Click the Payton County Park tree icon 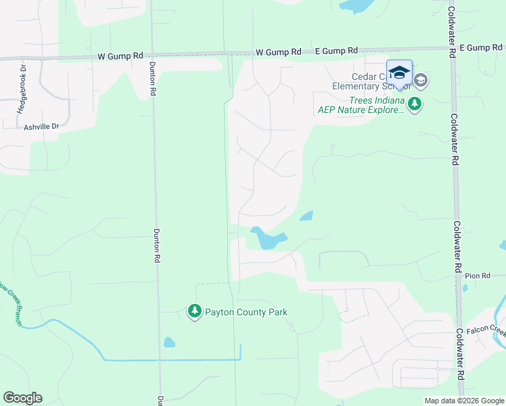(x=195, y=312)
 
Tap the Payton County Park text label (x=246, y=312)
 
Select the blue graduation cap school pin (x=399, y=74)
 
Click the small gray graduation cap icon (x=420, y=81)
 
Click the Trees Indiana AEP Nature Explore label (x=361, y=105)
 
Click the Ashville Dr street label (x=42, y=127)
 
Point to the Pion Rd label (x=477, y=276)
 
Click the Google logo (x=23, y=398)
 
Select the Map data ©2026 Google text (x=463, y=401)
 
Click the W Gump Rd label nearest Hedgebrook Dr (x=120, y=55)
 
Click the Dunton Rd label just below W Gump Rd (x=153, y=80)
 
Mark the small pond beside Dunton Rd (x=169, y=342)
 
